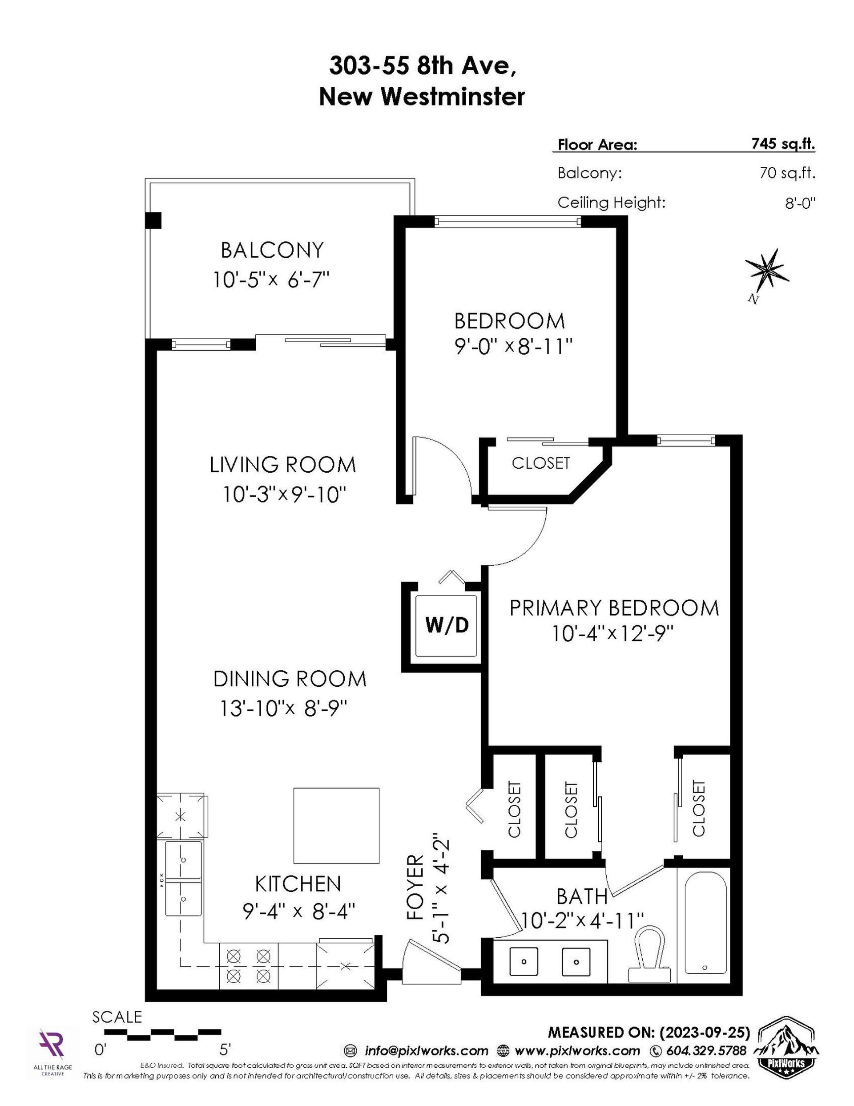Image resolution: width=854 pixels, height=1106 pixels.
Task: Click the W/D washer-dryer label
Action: pyautogui.click(x=447, y=625)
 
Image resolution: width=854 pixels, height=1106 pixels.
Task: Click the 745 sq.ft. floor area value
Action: pyautogui.click(x=783, y=144)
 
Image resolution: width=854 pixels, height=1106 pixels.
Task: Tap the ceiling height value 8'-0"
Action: pyautogui.click(x=798, y=203)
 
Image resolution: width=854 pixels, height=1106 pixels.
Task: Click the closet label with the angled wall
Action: pyautogui.click(x=541, y=463)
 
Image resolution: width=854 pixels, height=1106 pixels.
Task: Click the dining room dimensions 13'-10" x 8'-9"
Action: pyautogui.click(x=283, y=708)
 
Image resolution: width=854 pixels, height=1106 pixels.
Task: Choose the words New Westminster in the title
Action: pyautogui.click(x=422, y=96)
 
